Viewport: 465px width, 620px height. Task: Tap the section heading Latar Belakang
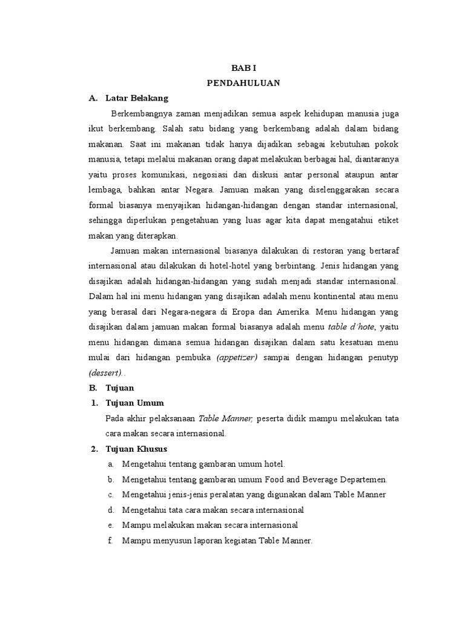pos(137,97)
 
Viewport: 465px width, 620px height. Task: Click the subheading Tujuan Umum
pos(136,403)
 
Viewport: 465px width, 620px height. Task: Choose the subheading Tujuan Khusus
pos(137,449)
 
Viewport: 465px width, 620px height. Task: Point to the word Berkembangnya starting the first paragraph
pos(141,113)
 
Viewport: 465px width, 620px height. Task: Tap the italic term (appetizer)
pos(237,357)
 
